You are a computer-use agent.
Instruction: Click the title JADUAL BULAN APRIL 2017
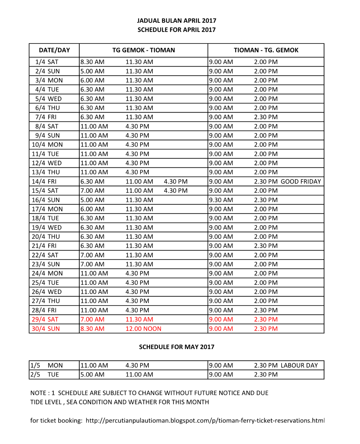[176, 21]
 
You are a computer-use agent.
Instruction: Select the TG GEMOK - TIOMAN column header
[143, 50]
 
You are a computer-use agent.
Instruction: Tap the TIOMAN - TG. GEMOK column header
[266, 50]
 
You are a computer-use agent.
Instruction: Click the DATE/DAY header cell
[54, 50]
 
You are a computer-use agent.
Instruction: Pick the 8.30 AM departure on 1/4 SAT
[92, 62]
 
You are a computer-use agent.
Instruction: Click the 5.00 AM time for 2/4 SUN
[92, 71]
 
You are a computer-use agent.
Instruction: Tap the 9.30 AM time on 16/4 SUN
[221, 200]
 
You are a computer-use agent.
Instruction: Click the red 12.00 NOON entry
[143, 329]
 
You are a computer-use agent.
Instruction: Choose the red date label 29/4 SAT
[45, 319]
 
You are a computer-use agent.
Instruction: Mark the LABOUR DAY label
[299, 365]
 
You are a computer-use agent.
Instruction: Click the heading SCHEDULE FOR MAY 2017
[176, 347]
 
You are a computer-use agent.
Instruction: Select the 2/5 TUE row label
[45, 375]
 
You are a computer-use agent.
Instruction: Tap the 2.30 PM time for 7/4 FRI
[266, 117]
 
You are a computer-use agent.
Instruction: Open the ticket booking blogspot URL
[205, 421]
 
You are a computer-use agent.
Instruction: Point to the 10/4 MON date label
[47, 145]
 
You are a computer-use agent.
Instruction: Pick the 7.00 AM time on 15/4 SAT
[92, 191]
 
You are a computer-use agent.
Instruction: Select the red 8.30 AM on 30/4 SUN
[92, 329]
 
